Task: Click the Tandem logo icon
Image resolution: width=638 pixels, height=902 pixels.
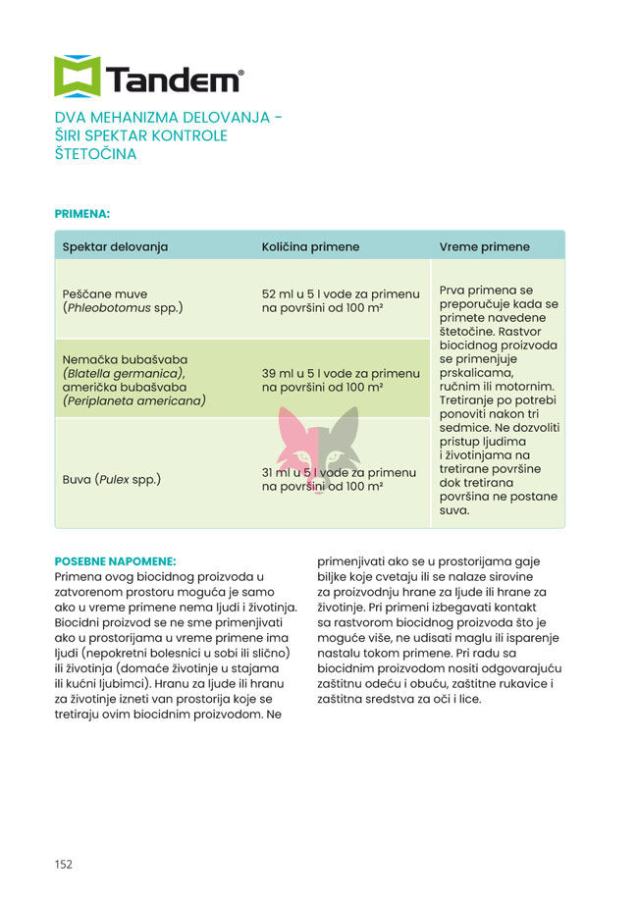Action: click(76, 77)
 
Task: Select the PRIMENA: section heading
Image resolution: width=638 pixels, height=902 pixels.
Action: click(82, 212)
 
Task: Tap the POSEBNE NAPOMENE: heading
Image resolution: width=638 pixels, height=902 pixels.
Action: click(115, 561)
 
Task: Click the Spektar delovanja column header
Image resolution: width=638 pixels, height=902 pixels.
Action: click(116, 246)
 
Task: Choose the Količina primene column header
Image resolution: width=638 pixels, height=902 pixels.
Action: click(310, 246)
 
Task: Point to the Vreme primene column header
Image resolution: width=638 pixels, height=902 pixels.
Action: click(484, 246)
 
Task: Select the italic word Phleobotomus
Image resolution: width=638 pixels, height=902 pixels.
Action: click(107, 308)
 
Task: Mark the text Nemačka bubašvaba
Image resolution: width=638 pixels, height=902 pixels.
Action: click(125, 358)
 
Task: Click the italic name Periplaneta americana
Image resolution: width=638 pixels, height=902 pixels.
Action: click(133, 400)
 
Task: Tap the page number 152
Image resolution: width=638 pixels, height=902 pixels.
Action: click(64, 864)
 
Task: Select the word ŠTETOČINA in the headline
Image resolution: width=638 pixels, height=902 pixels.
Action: click(96, 154)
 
